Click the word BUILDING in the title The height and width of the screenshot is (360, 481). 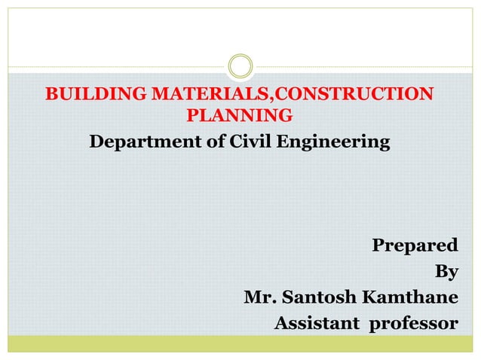(x=96, y=94)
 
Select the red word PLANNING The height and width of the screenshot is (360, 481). (x=239, y=117)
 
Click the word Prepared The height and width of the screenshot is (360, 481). (x=415, y=246)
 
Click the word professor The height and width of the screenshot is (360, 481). (x=412, y=325)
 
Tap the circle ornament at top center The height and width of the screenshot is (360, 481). (x=240, y=66)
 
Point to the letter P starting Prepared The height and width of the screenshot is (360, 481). (x=378, y=246)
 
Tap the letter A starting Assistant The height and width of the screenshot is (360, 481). (x=280, y=325)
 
